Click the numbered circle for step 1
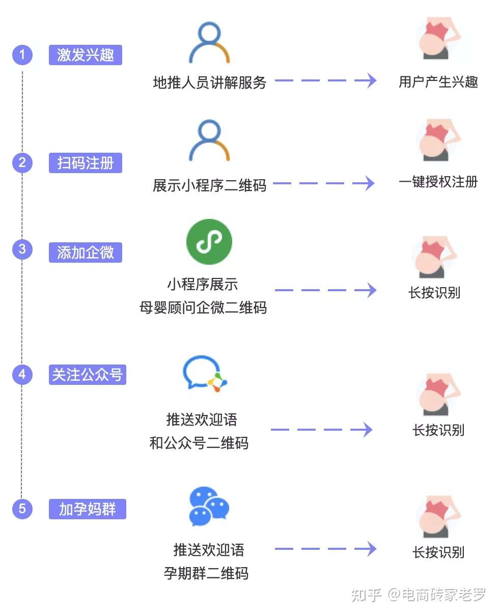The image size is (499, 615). [22, 54]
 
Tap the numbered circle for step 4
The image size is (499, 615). [22, 375]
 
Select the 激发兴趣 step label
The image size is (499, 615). [86, 54]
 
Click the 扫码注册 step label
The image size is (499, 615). [86, 163]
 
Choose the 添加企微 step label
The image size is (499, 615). [86, 252]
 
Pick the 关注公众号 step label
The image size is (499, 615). [88, 375]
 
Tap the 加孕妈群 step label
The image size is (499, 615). [88, 509]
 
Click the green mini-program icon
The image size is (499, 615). [209, 242]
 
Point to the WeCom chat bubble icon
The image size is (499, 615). [205, 374]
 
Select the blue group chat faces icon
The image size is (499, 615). [209, 507]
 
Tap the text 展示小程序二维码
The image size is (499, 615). [209, 185]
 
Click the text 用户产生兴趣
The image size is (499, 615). [438, 81]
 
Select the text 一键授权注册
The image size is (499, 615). [438, 182]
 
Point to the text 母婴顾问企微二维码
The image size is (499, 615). [203, 307]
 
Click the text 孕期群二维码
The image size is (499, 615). [206, 574]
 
